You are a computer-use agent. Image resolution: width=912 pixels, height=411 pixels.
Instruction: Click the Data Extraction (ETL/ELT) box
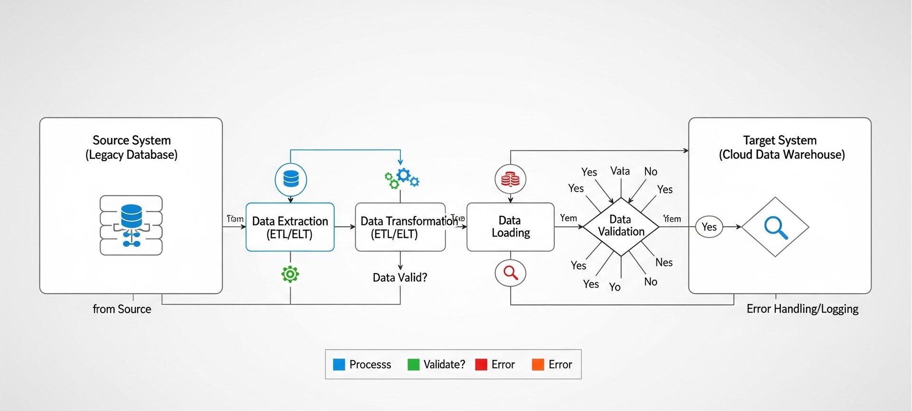point(290,227)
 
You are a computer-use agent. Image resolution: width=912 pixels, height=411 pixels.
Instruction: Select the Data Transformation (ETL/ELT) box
point(400,227)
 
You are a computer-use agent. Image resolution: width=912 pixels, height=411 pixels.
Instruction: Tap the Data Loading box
point(510,227)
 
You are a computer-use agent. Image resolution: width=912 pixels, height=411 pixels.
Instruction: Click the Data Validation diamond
point(620,226)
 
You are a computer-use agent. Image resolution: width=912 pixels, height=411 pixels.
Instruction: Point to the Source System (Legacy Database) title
point(132,147)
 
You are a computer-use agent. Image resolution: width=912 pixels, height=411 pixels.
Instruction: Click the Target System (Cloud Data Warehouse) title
point(781,147)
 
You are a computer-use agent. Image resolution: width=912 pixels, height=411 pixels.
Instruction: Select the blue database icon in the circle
point(291,179)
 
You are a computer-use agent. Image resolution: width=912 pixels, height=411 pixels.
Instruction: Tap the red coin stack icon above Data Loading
point(510,179)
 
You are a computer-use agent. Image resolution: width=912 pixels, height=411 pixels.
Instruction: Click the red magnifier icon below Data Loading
point(510,273)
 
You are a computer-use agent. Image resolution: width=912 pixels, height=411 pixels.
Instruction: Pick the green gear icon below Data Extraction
point(290,274)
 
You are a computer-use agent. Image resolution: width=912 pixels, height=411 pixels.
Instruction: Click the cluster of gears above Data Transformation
point(401,178)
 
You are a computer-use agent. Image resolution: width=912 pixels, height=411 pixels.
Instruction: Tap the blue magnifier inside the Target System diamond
point(775,227)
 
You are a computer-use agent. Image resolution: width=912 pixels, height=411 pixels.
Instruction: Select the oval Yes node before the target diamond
point(709,227)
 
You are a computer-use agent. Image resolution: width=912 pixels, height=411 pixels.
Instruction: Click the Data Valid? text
point(399,277)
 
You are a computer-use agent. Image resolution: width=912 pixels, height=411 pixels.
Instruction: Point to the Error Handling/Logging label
point(802,309)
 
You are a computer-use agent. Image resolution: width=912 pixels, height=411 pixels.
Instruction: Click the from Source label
point(122,309)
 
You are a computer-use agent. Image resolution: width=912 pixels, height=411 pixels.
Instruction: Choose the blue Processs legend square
point(339,364)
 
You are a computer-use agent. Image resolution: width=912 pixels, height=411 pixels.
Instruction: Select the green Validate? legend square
point(413,364)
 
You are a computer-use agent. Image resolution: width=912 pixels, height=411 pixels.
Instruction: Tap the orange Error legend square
point(538,364)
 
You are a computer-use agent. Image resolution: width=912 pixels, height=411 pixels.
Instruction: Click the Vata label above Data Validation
point(620,171)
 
